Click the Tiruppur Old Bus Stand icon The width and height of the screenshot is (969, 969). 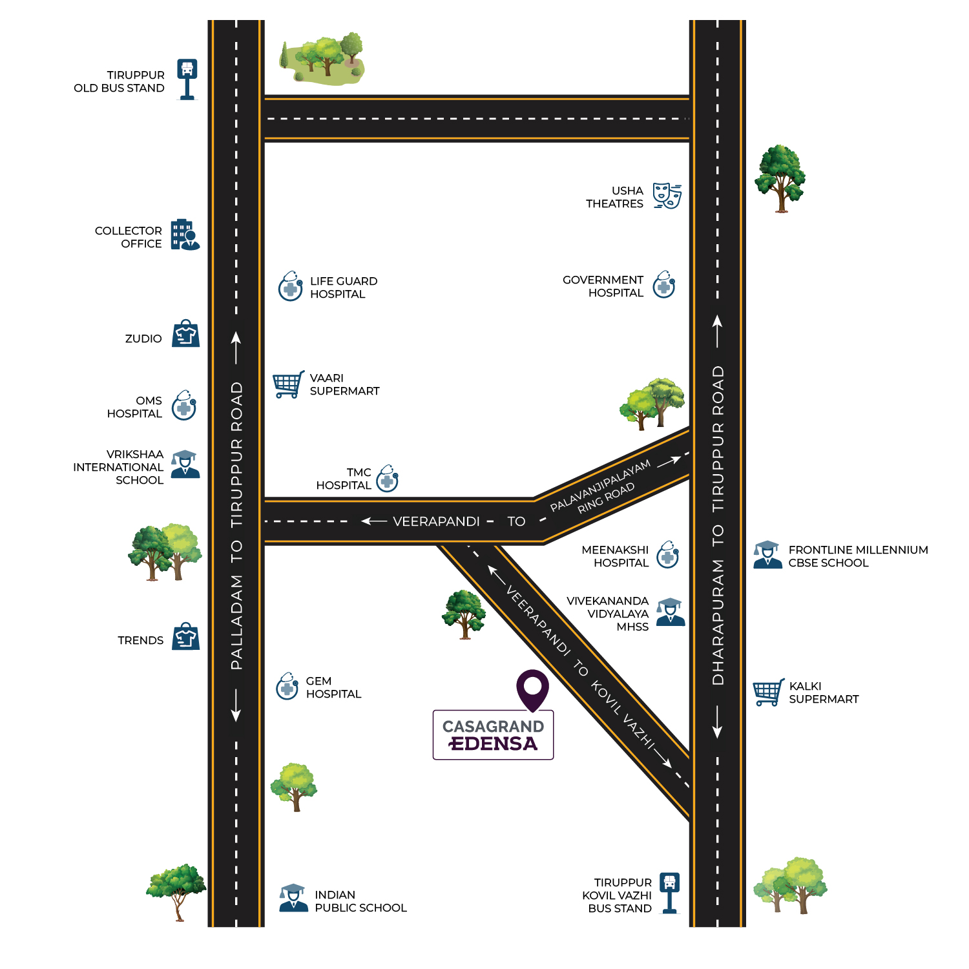point(187,79)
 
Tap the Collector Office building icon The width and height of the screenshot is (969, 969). point(185,234)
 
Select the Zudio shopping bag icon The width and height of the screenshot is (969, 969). point(185,334)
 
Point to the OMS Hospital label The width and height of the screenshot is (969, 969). point(135,407)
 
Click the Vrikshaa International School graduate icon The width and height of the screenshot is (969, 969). point(185,464)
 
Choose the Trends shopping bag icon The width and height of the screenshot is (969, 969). point(185,636)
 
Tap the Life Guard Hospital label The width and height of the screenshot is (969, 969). point(343,287)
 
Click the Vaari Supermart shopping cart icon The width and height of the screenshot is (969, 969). point(288,384)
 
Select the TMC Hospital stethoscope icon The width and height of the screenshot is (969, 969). point(388,479)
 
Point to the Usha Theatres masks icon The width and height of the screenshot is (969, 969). point(667,195)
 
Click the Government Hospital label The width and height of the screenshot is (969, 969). point(603,286)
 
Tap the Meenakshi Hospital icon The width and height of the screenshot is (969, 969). point(668,555)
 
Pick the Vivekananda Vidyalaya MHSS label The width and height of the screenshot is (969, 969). point(608,614)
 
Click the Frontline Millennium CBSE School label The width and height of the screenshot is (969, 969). point(857,556)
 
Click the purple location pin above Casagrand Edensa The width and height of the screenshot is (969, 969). point(532,689)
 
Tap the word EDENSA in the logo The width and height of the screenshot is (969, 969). point(494,744)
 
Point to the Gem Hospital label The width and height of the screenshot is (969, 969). point(333,687)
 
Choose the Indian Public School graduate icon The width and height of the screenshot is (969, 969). point(293,898)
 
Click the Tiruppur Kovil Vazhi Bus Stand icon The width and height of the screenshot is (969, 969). point(670,893)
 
